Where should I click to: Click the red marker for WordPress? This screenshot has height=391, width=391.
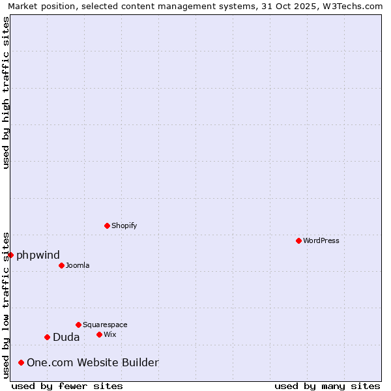pyautogui.click(x=298, y=240)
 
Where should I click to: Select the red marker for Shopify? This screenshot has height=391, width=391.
pyautogui.click(x=107, y=225)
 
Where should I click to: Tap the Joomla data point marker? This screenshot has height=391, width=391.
pyautogui.click(x=61, y=265)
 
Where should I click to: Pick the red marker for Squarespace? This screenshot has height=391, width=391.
pyautogui.click(x=78, y=325)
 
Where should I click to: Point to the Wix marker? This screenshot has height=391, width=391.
pyautogui.click(x=99, y=334)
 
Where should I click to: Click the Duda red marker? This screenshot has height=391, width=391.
pyautogui.click(x=47, y=337)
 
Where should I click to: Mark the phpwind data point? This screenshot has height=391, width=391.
pyautogui.click(x=10, y=255)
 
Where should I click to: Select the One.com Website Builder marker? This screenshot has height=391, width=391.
pyautogui.click(x=21, y=362)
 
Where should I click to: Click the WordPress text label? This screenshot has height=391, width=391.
pyautogui.click(x=321, y=240)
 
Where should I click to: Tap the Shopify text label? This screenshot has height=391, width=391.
pyautogui.click(x=124, y=225)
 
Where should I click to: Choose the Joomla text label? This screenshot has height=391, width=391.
pyautogui.click(x=78, y=265)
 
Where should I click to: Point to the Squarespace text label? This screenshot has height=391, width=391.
pyautogui.click(x=105, y=325)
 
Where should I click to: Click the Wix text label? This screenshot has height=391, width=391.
pyautogui.click(x=110, y=334)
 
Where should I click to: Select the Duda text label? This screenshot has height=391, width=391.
pyautogui.click(x=66, y=337)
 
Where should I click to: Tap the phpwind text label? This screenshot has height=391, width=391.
pyautogui.click(x=38, y=255)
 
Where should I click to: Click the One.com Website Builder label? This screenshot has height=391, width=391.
pyautogui.click(x=93, y=362)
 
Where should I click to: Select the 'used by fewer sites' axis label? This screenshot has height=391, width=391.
pyautogui.click(x=67, y=386)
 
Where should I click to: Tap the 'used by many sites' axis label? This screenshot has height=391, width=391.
pyautogui.click(x=327, y=386)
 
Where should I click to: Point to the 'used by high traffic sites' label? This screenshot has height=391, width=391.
pyautogui.click(x=6, y=93)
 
